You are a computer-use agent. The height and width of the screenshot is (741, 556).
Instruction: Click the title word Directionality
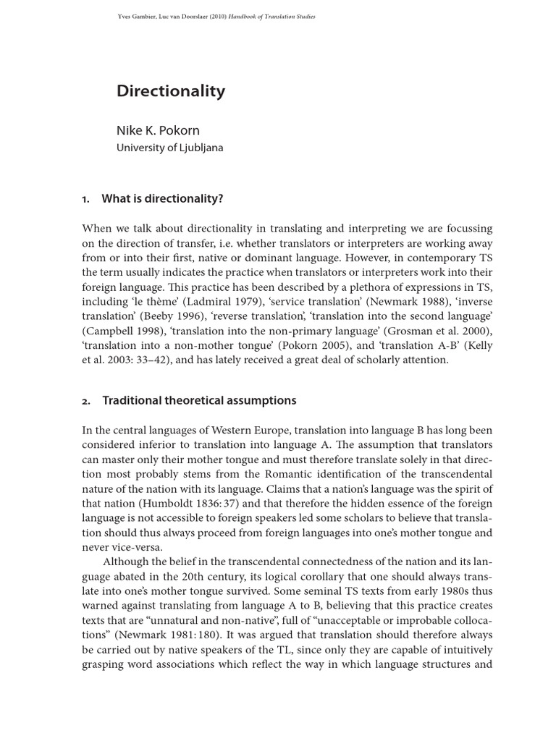pos(171,91)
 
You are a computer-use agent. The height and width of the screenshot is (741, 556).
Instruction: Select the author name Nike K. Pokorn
pos(158,130)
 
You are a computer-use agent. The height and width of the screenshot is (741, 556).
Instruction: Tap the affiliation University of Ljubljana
pos(170,148)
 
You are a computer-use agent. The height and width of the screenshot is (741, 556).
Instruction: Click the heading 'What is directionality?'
pos(162,199)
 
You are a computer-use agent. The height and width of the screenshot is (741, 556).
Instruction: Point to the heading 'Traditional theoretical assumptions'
pos(199,400)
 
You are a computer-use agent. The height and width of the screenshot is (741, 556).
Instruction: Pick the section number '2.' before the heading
pos(86,401)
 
